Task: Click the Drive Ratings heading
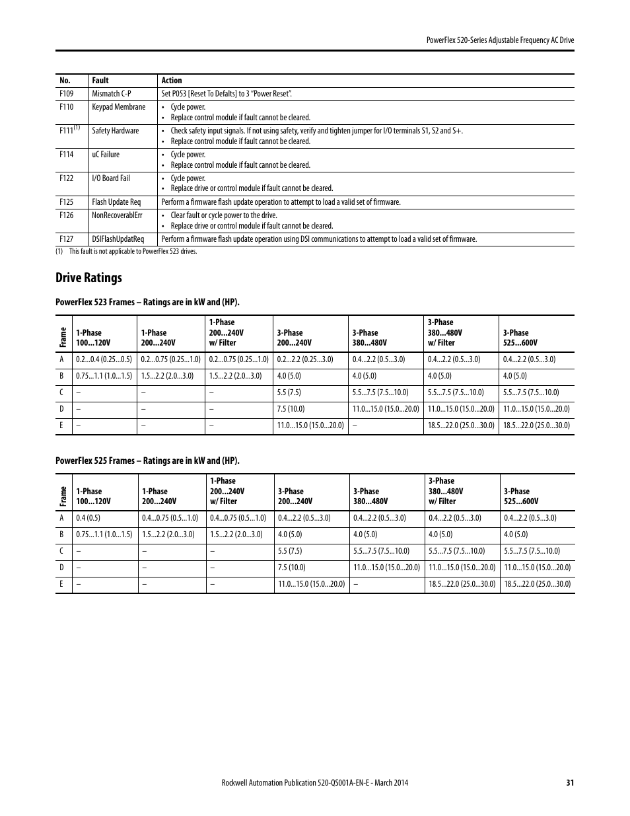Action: pos(89,278)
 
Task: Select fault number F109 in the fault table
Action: pos(66,94)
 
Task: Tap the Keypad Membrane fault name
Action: pos(119,107)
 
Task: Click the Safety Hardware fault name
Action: pos(116,131)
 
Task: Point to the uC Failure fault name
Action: pos(106,155)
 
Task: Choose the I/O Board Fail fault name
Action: pos(111,178)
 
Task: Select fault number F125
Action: pos(66,202)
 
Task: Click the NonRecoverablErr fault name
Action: pos(117,215)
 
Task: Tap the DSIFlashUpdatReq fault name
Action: pos(118,239)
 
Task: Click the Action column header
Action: pos(172,81)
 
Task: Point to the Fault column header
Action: pos(100,81)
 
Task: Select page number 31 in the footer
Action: pos(570,783)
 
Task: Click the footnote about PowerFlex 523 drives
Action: pos(129,251)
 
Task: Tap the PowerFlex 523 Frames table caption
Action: pos(147,303)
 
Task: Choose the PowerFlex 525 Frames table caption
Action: pos(147,461)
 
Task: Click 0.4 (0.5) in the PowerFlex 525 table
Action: pos(88,518)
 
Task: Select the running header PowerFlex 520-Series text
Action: pos(500,40)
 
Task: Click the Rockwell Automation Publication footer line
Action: pos(314,783)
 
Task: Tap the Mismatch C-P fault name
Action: pos(112,94)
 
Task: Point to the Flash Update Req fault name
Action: pos(116,202)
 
